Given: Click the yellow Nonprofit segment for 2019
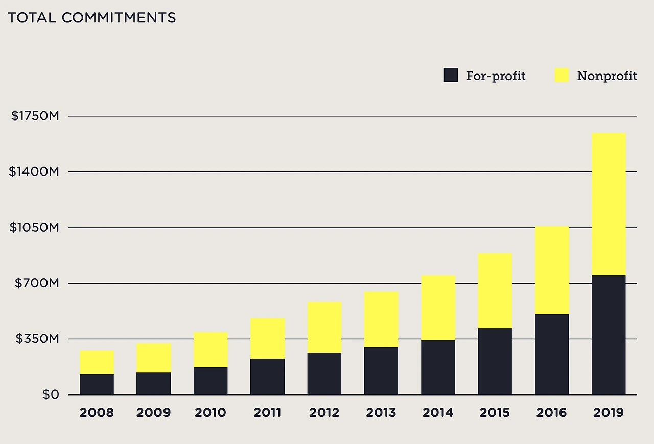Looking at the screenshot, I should (x=609, y=204).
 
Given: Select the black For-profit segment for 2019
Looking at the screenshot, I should (x=609, y=335).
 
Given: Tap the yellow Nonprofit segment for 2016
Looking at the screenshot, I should (x=552, y=270).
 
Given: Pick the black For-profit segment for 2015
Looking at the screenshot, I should (x=495, y=361).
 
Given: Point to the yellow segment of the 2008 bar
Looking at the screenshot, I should (x=97, y=362).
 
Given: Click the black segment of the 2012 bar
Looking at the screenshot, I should (x=324, y=374).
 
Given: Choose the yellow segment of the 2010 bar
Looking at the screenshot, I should (x=211, y=350).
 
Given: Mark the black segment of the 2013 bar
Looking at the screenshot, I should (x=381, y=371).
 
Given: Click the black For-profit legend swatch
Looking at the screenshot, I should (x=451, y=76).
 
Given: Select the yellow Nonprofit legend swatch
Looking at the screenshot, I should (x=562, y=76).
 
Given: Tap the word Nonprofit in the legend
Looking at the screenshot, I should (x=607, y=76).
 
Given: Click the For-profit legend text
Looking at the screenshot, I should (x=496, y=76).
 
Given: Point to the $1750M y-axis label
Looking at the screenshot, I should (x=35, y=116).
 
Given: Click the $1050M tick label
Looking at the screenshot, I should (x=34, y=228).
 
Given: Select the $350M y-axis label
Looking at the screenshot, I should (x=37, y=339).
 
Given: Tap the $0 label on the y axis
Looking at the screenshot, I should (x=51, y=395).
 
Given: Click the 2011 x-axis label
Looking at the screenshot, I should (x=268, y=413).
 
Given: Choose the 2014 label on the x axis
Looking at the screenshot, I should (x=438, y=413).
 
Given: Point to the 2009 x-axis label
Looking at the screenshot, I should (x=153, y=413).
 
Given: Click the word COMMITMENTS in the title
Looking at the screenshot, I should (x=119, y=18).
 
